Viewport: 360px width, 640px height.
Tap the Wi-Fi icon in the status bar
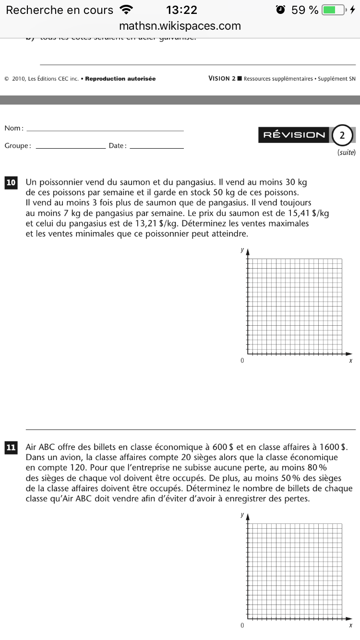click(x=127, y=10)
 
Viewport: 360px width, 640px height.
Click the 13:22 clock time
click(x=181, y=10)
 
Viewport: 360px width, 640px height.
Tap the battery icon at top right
click(x=335, y=10)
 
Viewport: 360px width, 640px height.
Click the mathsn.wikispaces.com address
click(x=180, y=26)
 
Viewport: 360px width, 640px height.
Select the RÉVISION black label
click(x=294, y=135)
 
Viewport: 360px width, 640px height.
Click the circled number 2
click(x=342, y=135)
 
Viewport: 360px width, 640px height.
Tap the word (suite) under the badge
click(x=347, y=153)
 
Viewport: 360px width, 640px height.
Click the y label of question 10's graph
click(x=242, y=250)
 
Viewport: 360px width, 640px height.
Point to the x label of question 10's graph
click(x=351, y=361)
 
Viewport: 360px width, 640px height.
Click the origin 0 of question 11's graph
click(x=242, y=626)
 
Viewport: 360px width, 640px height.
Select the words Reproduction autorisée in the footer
click(x=120, y=79)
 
